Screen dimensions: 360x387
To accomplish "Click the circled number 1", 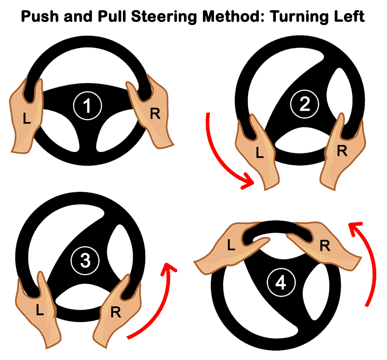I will pyautogui.click(x=87, y=106).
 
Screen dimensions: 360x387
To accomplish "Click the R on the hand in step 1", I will pyautogui.click(x=155, y=113).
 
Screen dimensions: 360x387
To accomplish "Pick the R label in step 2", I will pyautogui.click(x=342, y=151).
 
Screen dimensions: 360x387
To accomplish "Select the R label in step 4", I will pyautogui.click(x=325, y=246).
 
